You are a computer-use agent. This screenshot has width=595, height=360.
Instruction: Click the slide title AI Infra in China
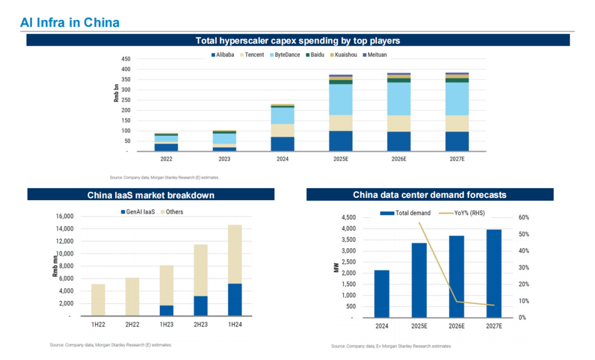(69, 23)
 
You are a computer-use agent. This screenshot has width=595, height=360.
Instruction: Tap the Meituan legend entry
(377, 55)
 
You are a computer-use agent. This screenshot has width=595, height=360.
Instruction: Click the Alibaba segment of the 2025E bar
(340, 141)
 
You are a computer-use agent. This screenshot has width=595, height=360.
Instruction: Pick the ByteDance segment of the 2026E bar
(399, 99)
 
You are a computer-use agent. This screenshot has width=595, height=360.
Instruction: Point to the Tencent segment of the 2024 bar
(283, 130)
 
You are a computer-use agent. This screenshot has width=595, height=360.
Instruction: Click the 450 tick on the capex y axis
(126, 59)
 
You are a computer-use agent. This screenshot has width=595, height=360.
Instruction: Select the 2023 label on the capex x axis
(224, 159)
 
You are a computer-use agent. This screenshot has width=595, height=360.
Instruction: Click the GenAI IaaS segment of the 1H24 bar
(234, 299)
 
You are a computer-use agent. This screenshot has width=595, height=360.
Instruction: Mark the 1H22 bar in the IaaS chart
(98, 300)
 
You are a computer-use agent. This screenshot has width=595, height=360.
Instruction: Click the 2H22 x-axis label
(132, 325)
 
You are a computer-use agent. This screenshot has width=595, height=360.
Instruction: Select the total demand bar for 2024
(382, 294)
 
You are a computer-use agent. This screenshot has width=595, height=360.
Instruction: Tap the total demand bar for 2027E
(494, 273)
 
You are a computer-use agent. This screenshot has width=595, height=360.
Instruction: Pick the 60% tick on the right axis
(523, 218)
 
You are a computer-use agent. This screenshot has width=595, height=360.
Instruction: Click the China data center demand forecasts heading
(429, 195)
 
